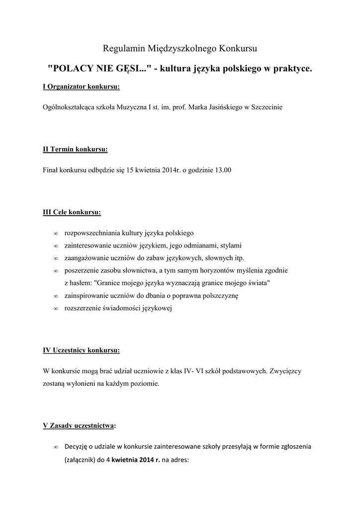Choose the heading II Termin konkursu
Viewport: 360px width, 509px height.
[75, 149]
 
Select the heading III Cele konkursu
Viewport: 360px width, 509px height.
[72, 212]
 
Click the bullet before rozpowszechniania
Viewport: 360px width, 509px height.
[55, 233]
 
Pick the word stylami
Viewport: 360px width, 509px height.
[231, 245]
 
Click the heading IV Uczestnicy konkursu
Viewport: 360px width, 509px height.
[82, 350]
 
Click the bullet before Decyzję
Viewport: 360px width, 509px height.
[55, 447]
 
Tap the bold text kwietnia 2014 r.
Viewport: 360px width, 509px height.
[136, 460]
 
